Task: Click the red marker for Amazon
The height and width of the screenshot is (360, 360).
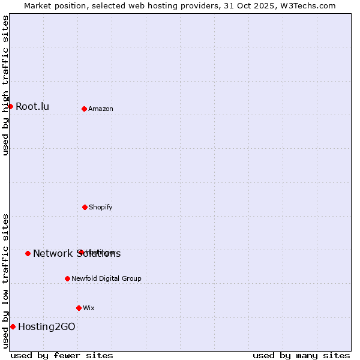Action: (x=84, y=109)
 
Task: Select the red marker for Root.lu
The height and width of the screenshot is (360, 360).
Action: (x=10, y=106)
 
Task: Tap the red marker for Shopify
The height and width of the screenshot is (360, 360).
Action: (x=85, y=207)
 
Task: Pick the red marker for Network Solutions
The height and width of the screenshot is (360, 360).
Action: (x=28, y=253)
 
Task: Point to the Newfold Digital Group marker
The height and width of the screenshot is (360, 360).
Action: (x=67, y=278)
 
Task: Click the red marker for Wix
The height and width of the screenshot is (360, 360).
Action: (x=79, y=308)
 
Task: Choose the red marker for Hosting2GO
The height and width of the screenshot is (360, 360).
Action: (x=13, y=326)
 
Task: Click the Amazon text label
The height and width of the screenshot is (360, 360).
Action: (x=101, y=109)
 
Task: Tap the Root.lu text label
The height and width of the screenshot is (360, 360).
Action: (x=32, y=107)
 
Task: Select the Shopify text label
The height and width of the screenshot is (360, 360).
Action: (x=101, y=207)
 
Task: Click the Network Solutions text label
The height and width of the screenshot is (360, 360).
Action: (x=77, y=253)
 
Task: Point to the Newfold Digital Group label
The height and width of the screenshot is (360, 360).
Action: (x=107, y=278)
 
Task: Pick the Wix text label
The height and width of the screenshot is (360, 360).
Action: (x=89, y=308)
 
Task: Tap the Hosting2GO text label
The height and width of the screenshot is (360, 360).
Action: (x=47, y=327)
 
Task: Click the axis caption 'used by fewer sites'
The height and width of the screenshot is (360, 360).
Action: (x=62, y=355)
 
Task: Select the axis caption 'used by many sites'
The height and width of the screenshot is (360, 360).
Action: (x=301, y=355)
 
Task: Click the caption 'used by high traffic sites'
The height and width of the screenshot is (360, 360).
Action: (x=6, y=85)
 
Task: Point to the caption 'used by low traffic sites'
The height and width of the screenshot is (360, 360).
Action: (x=6, y=281)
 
